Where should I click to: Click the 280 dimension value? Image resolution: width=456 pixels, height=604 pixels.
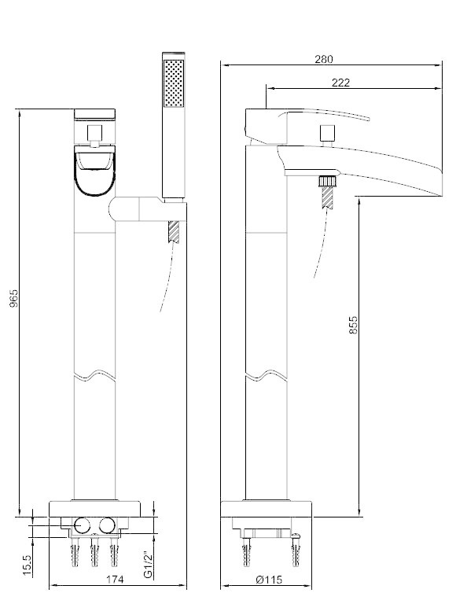point(323,59)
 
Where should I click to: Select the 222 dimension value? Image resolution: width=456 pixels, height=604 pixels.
point(340,83)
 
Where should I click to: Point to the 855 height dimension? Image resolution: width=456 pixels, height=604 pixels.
point(353,325)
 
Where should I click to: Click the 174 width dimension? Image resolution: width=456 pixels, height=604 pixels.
point(115,580)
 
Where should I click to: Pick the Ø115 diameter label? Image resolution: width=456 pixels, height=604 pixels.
point(268,580)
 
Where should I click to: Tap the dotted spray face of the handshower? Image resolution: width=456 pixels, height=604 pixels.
point(174,83)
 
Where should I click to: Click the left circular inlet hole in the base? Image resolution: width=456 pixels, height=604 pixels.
point(82,525)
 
